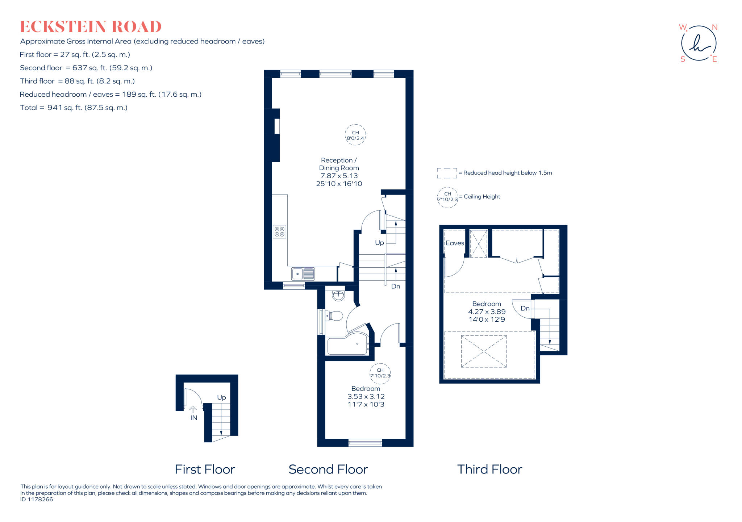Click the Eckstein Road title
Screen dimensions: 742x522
coord(91,27)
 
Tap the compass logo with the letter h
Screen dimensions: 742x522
coord(699,43)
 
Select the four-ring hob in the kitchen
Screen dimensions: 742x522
coord(279,232)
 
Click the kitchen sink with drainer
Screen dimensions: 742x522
coord(303,273)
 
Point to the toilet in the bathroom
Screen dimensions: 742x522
coord(334,316)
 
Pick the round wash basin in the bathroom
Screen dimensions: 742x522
coord(338,296)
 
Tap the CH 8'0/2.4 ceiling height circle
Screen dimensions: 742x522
coord(355,135)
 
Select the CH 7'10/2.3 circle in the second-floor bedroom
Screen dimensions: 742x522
coord(380,373)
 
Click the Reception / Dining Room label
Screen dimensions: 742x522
coord(339,164)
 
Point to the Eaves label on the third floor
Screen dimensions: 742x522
coord(455,243)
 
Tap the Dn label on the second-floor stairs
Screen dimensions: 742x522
coord(396,286)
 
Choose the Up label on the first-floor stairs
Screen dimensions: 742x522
coord(221,397)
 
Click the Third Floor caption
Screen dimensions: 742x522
coord(489,469)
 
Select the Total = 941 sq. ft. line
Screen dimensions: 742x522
coord(74,108)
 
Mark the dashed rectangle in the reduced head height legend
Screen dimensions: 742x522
coord(447,173)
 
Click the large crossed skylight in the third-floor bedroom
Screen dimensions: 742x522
coord(484,351)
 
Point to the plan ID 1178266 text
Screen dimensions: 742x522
coord(37,499)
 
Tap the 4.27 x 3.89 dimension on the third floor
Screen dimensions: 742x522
coord(487,312)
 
